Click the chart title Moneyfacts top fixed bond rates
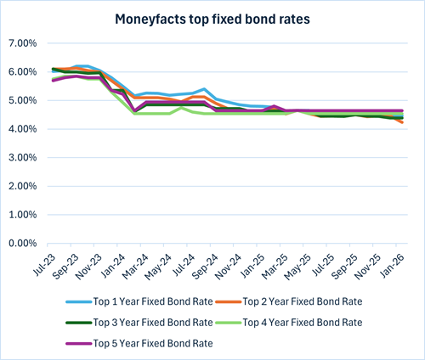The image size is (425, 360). click(212, 17)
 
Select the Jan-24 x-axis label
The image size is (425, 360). click(111, 262)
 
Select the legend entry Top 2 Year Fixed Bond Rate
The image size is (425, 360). click(302, 301)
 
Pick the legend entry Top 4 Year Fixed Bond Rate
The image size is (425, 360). click(302, 323)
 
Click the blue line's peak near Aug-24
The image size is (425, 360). click(205, 89)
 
